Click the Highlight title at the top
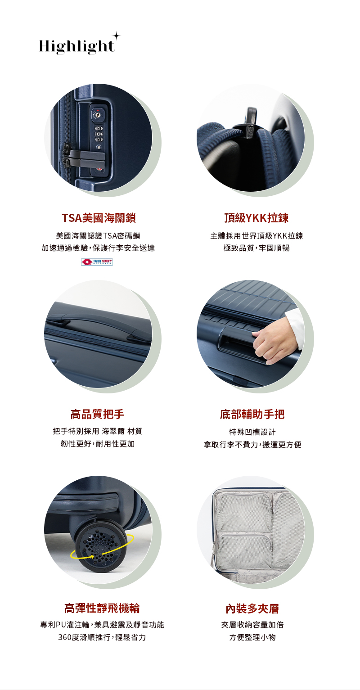[76, 46]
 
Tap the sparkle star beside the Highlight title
[116, 36]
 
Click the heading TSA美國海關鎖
[99, 218]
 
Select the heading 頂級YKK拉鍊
[256, 218]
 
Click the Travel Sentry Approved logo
[97, 262]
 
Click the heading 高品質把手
[97, 414]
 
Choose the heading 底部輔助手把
[252, 414]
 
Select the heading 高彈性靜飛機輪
[102, 609]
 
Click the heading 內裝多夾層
[252, 609]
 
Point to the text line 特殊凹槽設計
[252, 432]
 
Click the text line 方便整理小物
[252, 637]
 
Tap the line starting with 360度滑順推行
[102, 637]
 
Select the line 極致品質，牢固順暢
[256, 248]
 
